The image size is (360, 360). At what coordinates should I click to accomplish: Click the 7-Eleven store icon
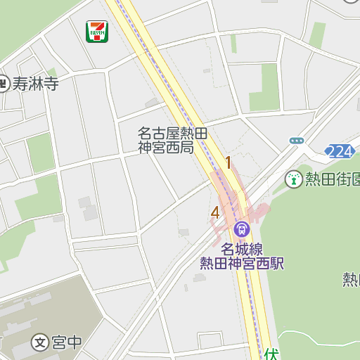click(97, 32)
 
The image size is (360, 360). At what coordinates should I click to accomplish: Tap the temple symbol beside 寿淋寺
click(4, 84)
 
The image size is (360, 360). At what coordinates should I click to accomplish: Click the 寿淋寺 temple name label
click(35, 84)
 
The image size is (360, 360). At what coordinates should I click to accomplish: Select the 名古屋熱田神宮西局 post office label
click(172, 140)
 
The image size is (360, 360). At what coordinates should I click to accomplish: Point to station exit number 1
click(228, 163)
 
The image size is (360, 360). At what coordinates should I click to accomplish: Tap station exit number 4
click(215, 212)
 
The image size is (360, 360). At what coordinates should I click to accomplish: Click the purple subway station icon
click(242, 229)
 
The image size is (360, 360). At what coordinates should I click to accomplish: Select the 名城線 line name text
click(241, 249)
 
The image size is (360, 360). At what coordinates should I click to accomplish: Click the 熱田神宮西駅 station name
click(241, 263)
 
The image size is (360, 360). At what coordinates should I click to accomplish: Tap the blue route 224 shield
click(340, 151)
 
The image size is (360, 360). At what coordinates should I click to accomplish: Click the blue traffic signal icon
click(297, 141)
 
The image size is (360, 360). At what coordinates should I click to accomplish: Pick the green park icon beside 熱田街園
click(293, 179)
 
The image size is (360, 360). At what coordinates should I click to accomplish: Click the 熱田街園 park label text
click(332, 179)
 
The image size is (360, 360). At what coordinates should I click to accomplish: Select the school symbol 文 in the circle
click(41, 343)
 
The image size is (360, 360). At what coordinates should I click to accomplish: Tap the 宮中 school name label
click(67, 343)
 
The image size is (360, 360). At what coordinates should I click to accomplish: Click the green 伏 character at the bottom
click(272, 352)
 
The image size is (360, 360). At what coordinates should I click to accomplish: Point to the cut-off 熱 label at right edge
click(351, 279)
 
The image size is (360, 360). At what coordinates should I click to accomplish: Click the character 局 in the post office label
click(186, 148)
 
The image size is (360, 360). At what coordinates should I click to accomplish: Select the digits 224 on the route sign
click(340, 151)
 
